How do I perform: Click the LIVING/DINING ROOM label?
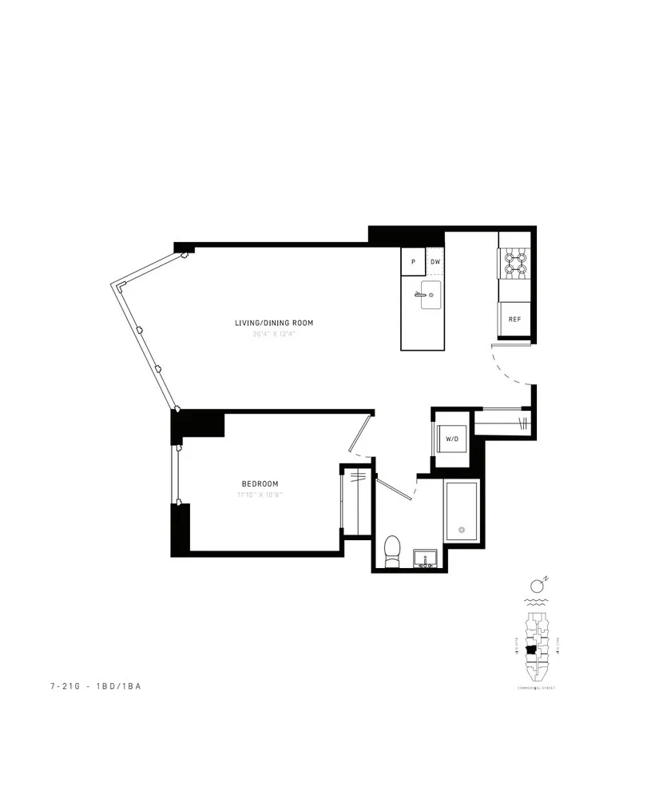(273, 323)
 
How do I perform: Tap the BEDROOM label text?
(260, 484)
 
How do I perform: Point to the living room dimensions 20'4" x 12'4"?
(273, 335)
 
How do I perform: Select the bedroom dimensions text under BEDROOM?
(260, 495)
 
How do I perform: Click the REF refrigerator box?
(514, 319)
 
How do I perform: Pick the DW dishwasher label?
(435, 262)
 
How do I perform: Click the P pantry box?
(413, 262)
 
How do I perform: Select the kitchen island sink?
(428, 296)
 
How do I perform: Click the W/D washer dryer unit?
(451, 439)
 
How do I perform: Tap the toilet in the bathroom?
(392, 551)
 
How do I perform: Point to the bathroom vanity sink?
(424, 558)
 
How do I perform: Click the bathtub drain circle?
(461, 530)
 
